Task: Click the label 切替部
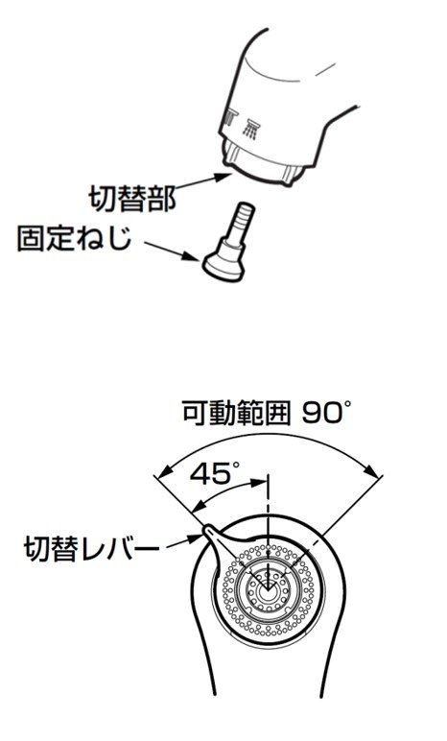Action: [x=132, y=199]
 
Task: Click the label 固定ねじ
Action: [x=75, y=237]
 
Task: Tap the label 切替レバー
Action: [x=92, y=548]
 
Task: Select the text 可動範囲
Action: [x=236, y=413]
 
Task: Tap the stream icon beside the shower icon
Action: [x=229, y=118]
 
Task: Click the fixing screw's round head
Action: [x=223, y=268]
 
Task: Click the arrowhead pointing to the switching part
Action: [x=223, y=177]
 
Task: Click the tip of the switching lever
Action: [x=206, y=528]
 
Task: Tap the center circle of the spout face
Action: [x=267, y=589]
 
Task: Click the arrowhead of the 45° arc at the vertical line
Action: [x=258, y=484]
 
